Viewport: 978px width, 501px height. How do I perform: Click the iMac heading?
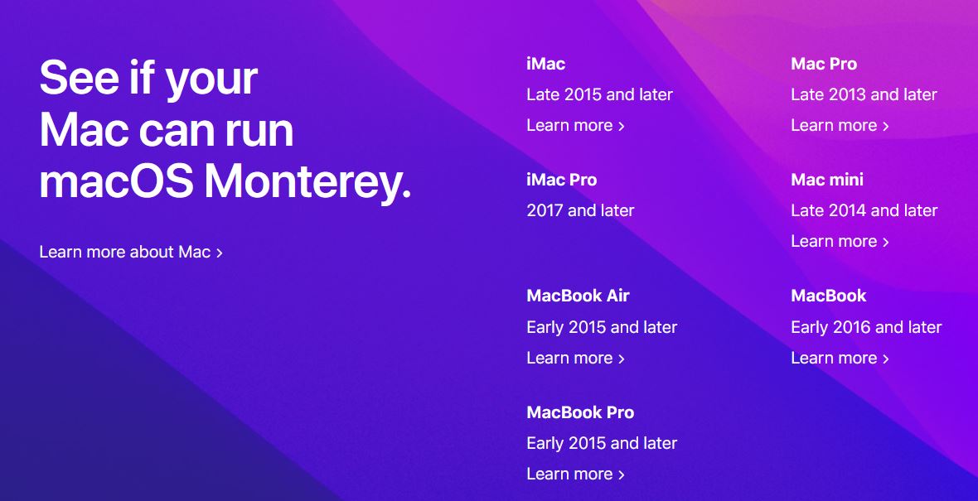pos(545,64)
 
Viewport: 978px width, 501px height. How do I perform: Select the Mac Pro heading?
pos(823,64)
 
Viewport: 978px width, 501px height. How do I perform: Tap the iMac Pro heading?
pos(561,180)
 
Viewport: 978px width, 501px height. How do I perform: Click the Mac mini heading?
pos(827,180)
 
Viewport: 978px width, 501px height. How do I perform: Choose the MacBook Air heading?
pos(578,296)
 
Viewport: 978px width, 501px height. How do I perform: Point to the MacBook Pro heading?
pos(580,412)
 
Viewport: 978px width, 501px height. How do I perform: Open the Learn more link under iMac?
pos(575,125)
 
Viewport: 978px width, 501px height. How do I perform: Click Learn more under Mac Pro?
pos(840,125)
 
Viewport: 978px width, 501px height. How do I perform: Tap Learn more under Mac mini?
pos(840,241)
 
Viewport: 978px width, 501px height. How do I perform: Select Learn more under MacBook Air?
pos(575,358)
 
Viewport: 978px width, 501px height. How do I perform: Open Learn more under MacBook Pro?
pos(575,474)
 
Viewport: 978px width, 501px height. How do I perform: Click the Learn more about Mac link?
pos(131,252)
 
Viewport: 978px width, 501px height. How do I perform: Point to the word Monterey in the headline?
pos(308,181)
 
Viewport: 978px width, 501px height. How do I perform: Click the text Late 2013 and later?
pos(864,94)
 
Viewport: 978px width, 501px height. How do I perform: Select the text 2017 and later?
pos(580,210)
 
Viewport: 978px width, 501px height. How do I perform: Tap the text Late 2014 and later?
pos(864,210)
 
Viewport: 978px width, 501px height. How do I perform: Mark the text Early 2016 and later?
pos(866,327)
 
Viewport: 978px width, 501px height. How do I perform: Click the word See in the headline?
pos(80,78)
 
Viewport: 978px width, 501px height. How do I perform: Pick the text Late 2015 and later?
pos(599,94)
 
